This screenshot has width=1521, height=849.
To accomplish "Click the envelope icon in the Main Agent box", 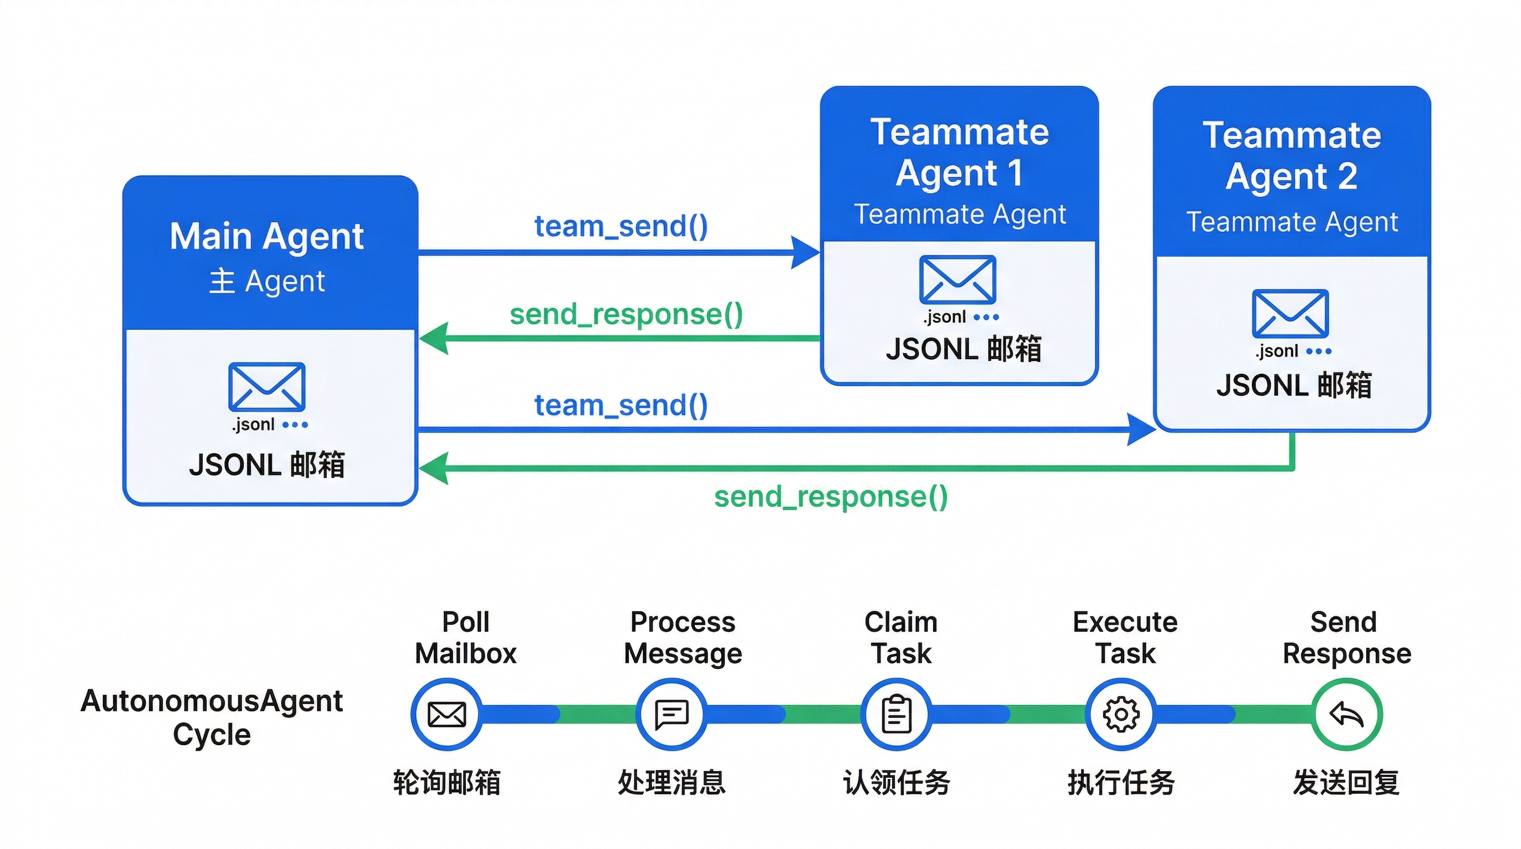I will click(266, 387).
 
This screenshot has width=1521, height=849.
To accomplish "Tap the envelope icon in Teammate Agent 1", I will click(957, 279).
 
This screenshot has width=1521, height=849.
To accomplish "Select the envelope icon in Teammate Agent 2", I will click(1290, 313).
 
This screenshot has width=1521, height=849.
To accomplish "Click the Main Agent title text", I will click(266, 237).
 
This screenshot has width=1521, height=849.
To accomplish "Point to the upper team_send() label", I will click(621, 227).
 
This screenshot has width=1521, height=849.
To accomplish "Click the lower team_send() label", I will click(621, 406).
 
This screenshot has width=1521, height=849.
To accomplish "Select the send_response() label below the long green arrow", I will click(831, 496).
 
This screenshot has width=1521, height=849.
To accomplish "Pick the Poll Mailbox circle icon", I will click(447, 714).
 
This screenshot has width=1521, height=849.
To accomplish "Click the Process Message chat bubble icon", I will click(672, 714).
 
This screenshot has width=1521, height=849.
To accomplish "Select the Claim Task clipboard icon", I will click(896, 714).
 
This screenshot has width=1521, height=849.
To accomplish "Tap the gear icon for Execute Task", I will click(1121, 714).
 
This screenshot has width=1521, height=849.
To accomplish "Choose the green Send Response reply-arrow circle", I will click(1346, 714).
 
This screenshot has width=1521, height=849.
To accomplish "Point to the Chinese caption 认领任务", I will click(896, 783).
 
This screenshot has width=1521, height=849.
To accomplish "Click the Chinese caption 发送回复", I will click(1346, 783).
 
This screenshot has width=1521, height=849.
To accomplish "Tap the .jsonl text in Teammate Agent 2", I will click(1277, 352).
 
